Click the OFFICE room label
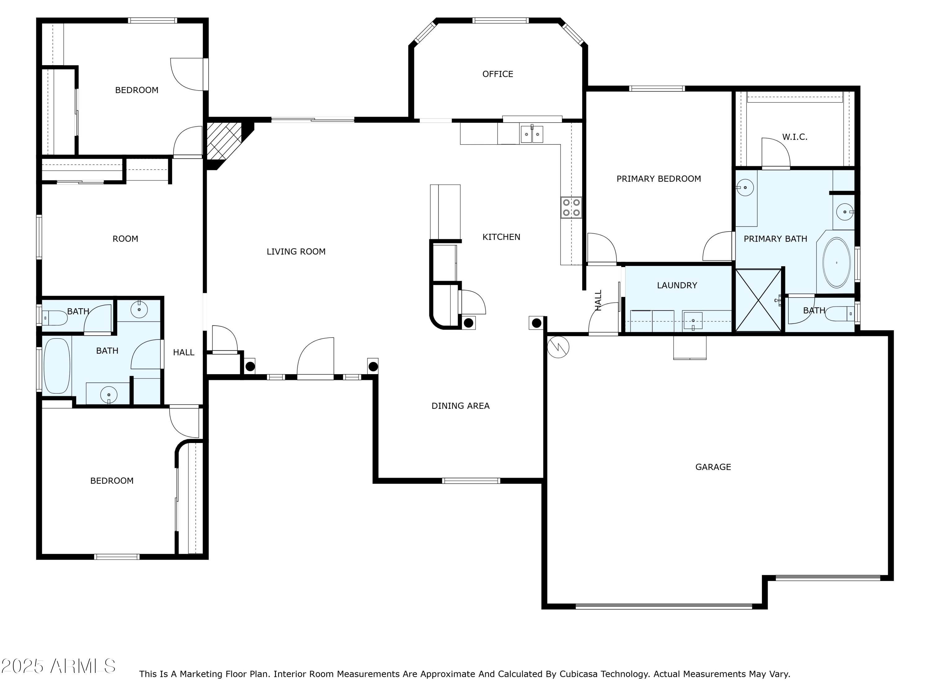pos(498,74)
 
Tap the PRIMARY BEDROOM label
pos(659,179)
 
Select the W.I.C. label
pos(795,137)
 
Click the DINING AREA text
pos(460,406)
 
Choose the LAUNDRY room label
pos(677,285)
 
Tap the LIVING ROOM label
pos(296,252)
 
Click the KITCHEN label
pos(501,237)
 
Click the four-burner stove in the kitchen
pos(571,208)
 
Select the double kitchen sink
pos(532,134)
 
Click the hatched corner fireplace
pos(224,141)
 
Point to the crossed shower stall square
pos(759,300)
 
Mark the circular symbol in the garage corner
pos(558,347)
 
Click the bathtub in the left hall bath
pos(57,366)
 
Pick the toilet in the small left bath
pos(55,318)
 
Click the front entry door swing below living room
pos(315,358)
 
